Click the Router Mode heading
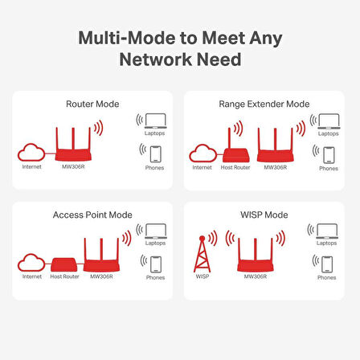(92, 104)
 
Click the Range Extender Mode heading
(264, 104)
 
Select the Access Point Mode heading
(92, 215)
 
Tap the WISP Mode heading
(264, 215)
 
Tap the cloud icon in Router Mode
(32, 153)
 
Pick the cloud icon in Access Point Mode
(31, 263)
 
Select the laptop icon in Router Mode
(155, 121)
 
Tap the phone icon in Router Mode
(155, 153)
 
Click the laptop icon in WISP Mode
(326, 231)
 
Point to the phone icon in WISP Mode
(326, 264)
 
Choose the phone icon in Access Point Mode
(155, 264)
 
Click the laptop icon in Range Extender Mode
(328, 121)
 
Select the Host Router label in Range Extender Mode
(235, 167)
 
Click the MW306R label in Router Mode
(72, 167)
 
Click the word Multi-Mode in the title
(123, 38)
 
